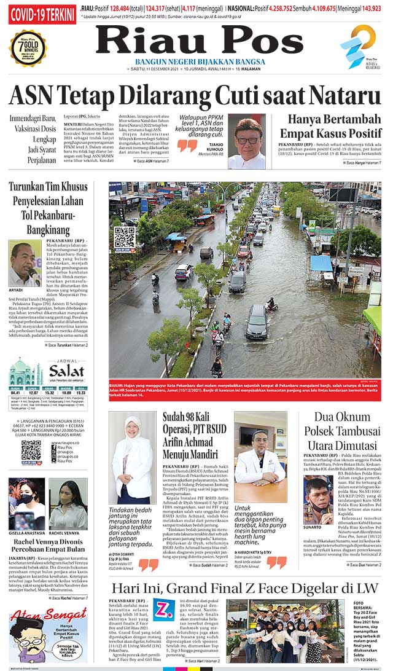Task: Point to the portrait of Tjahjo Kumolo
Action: [x=246, y=141]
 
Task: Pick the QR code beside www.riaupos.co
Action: [x=31, y=450]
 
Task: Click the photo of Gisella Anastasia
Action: [x=26, y=503]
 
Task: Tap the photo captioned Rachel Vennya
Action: [x=68, y=503]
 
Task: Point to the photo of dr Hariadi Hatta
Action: [x=260, y=456]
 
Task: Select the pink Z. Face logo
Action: [x=164, y=610]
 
